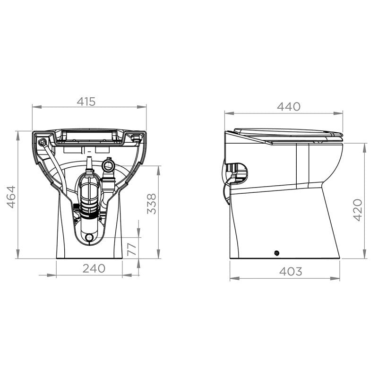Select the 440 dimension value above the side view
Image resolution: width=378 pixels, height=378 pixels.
click(x=289, y=107)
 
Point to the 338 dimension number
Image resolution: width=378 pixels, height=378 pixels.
click(x=151, y=204)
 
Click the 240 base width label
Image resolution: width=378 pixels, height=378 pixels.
click(x=94, y=268)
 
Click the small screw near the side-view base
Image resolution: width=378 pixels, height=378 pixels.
click(x=276, y=253)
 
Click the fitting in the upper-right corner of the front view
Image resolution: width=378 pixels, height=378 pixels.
click(x=137, y=138)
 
